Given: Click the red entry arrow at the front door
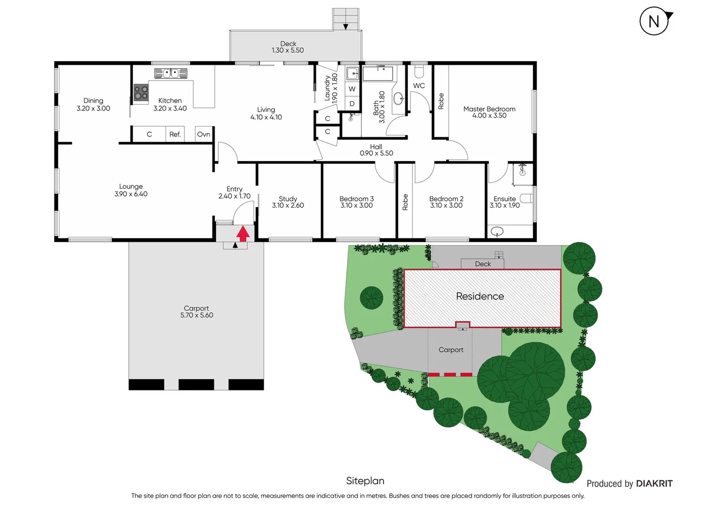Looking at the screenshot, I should pos(243,233).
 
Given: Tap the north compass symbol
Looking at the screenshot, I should pos(654,22).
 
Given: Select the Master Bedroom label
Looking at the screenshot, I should pos(489,109).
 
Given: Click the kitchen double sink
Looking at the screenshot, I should pos(171,73).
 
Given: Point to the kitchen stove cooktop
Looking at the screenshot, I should pos(141,93).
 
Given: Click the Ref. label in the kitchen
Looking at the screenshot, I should pos(175,134).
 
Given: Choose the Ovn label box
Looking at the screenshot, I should pos(204,134).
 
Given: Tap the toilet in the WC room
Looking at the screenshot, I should pos(419,71).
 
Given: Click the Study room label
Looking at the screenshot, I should pos(288,199).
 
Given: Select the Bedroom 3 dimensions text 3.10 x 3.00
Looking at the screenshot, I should pos(357,206).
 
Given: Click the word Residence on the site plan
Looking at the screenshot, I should pos(480,297).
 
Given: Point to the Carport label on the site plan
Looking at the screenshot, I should pos(451,350).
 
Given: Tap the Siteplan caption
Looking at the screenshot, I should pos(365,481).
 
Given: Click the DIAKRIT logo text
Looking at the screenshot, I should pos(654,484).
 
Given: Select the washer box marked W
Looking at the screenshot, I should pos(352,89).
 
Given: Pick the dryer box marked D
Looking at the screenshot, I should pos(352,104).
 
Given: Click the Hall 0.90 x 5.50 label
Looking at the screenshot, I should pos(376,150).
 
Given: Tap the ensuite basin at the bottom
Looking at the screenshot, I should pos(497,231).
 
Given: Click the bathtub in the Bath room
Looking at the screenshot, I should pos(378,74).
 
